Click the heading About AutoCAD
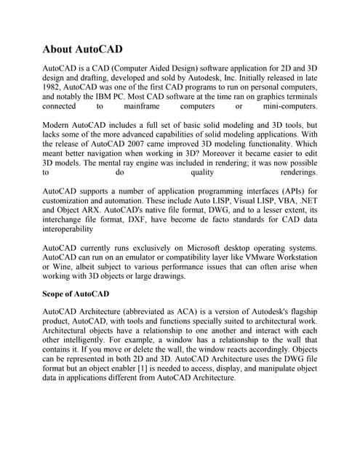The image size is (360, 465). point(83,50)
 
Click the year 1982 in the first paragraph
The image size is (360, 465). point(55,85)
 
